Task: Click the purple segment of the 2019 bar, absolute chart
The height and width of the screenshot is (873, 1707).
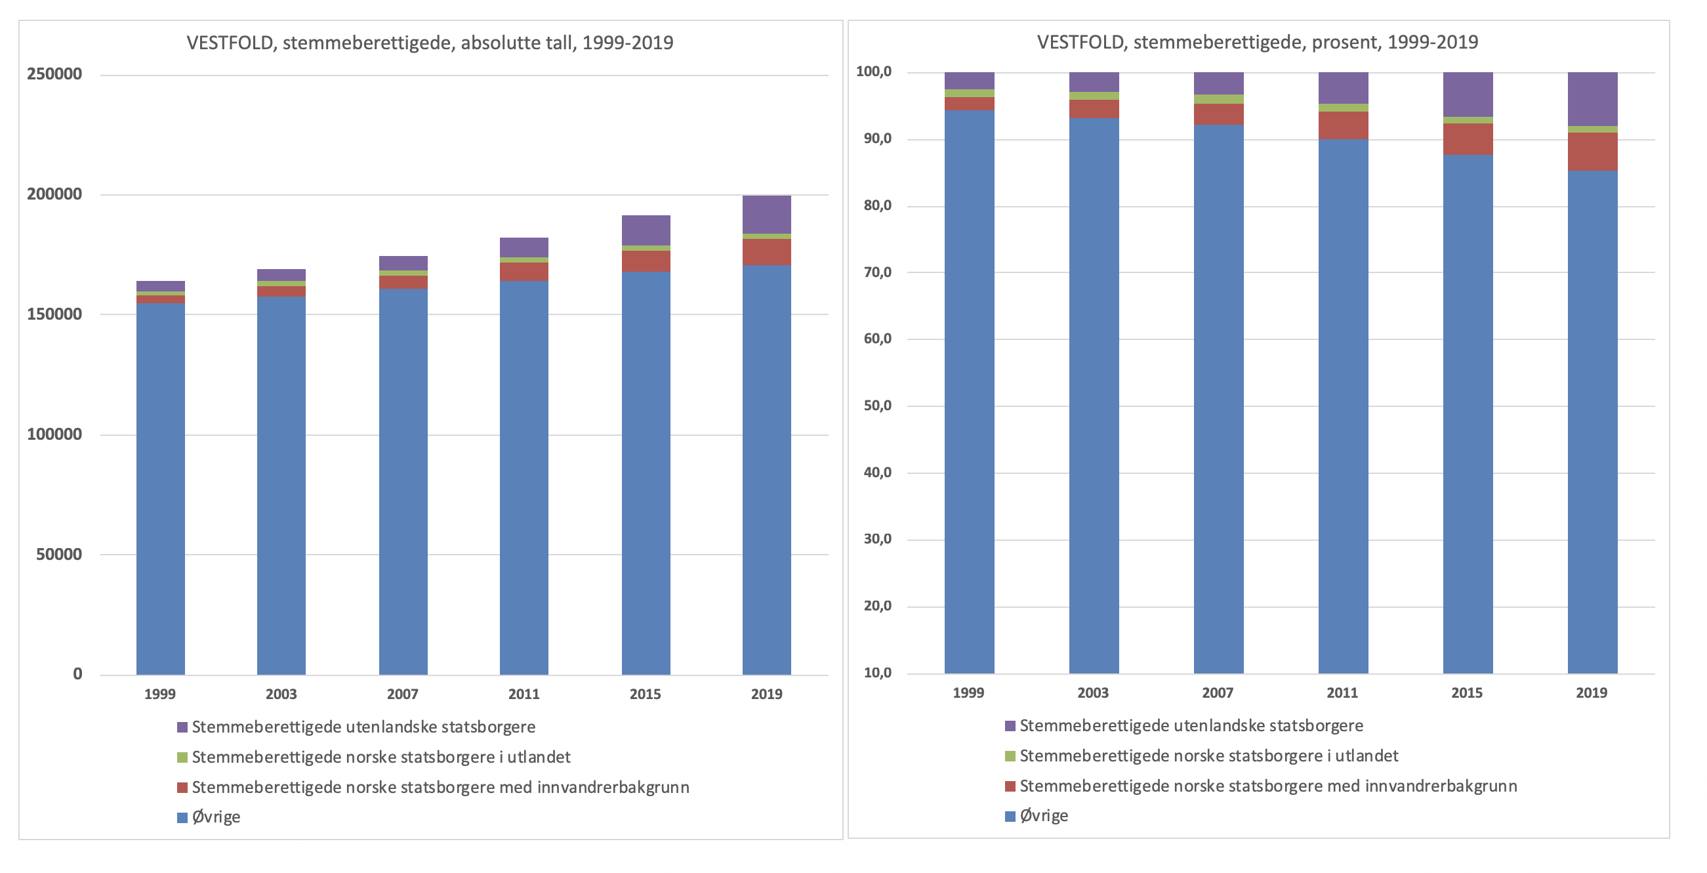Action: pyautogui.click(x=766, y=214)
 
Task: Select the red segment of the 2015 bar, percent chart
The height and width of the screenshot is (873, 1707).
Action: pyautogui.click(x=1467, y=138)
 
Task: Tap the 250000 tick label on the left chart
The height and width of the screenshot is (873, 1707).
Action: pyautogui.click(x=54, y=74)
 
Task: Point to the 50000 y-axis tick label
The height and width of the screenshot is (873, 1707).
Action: pyautogui.click(x=59, y=554)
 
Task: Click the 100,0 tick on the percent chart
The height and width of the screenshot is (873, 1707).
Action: pyautogui.click(x=873, y=72)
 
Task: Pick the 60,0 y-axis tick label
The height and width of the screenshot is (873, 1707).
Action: pyautogui.click(x=877, y=339)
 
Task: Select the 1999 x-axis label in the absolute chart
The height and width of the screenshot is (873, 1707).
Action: pyautogui.click(x=159, y=694)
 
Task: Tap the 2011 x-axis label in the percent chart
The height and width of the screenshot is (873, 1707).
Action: pyautogui.click(x=1342, y=692)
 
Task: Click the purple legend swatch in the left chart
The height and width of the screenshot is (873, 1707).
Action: pyautogui.click(x=182, y=727)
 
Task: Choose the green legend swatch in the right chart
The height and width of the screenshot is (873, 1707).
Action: pyautogui.click(x=1010, y=756)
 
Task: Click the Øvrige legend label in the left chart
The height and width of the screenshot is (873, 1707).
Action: pyautogui.click(x=216, y=817)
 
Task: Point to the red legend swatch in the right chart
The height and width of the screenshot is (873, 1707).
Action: pyautogui.click(x=1010, y=786)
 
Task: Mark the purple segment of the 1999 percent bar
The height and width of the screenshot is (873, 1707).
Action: pyautogui.click(x=969, y=80)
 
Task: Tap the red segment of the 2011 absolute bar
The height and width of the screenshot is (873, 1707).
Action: pyautogui.click(x=524, y=271)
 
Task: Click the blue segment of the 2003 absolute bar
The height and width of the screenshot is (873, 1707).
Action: pyautogui.click(x=281, y=484)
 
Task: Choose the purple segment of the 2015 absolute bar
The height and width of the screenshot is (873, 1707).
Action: pyautogui.click(x=646, y=230)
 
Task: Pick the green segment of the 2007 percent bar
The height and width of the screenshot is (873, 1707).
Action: pyautogui.click(x=1218, y=99)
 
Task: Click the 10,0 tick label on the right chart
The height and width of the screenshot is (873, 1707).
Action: pyautogui.click(x=877, y=673)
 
